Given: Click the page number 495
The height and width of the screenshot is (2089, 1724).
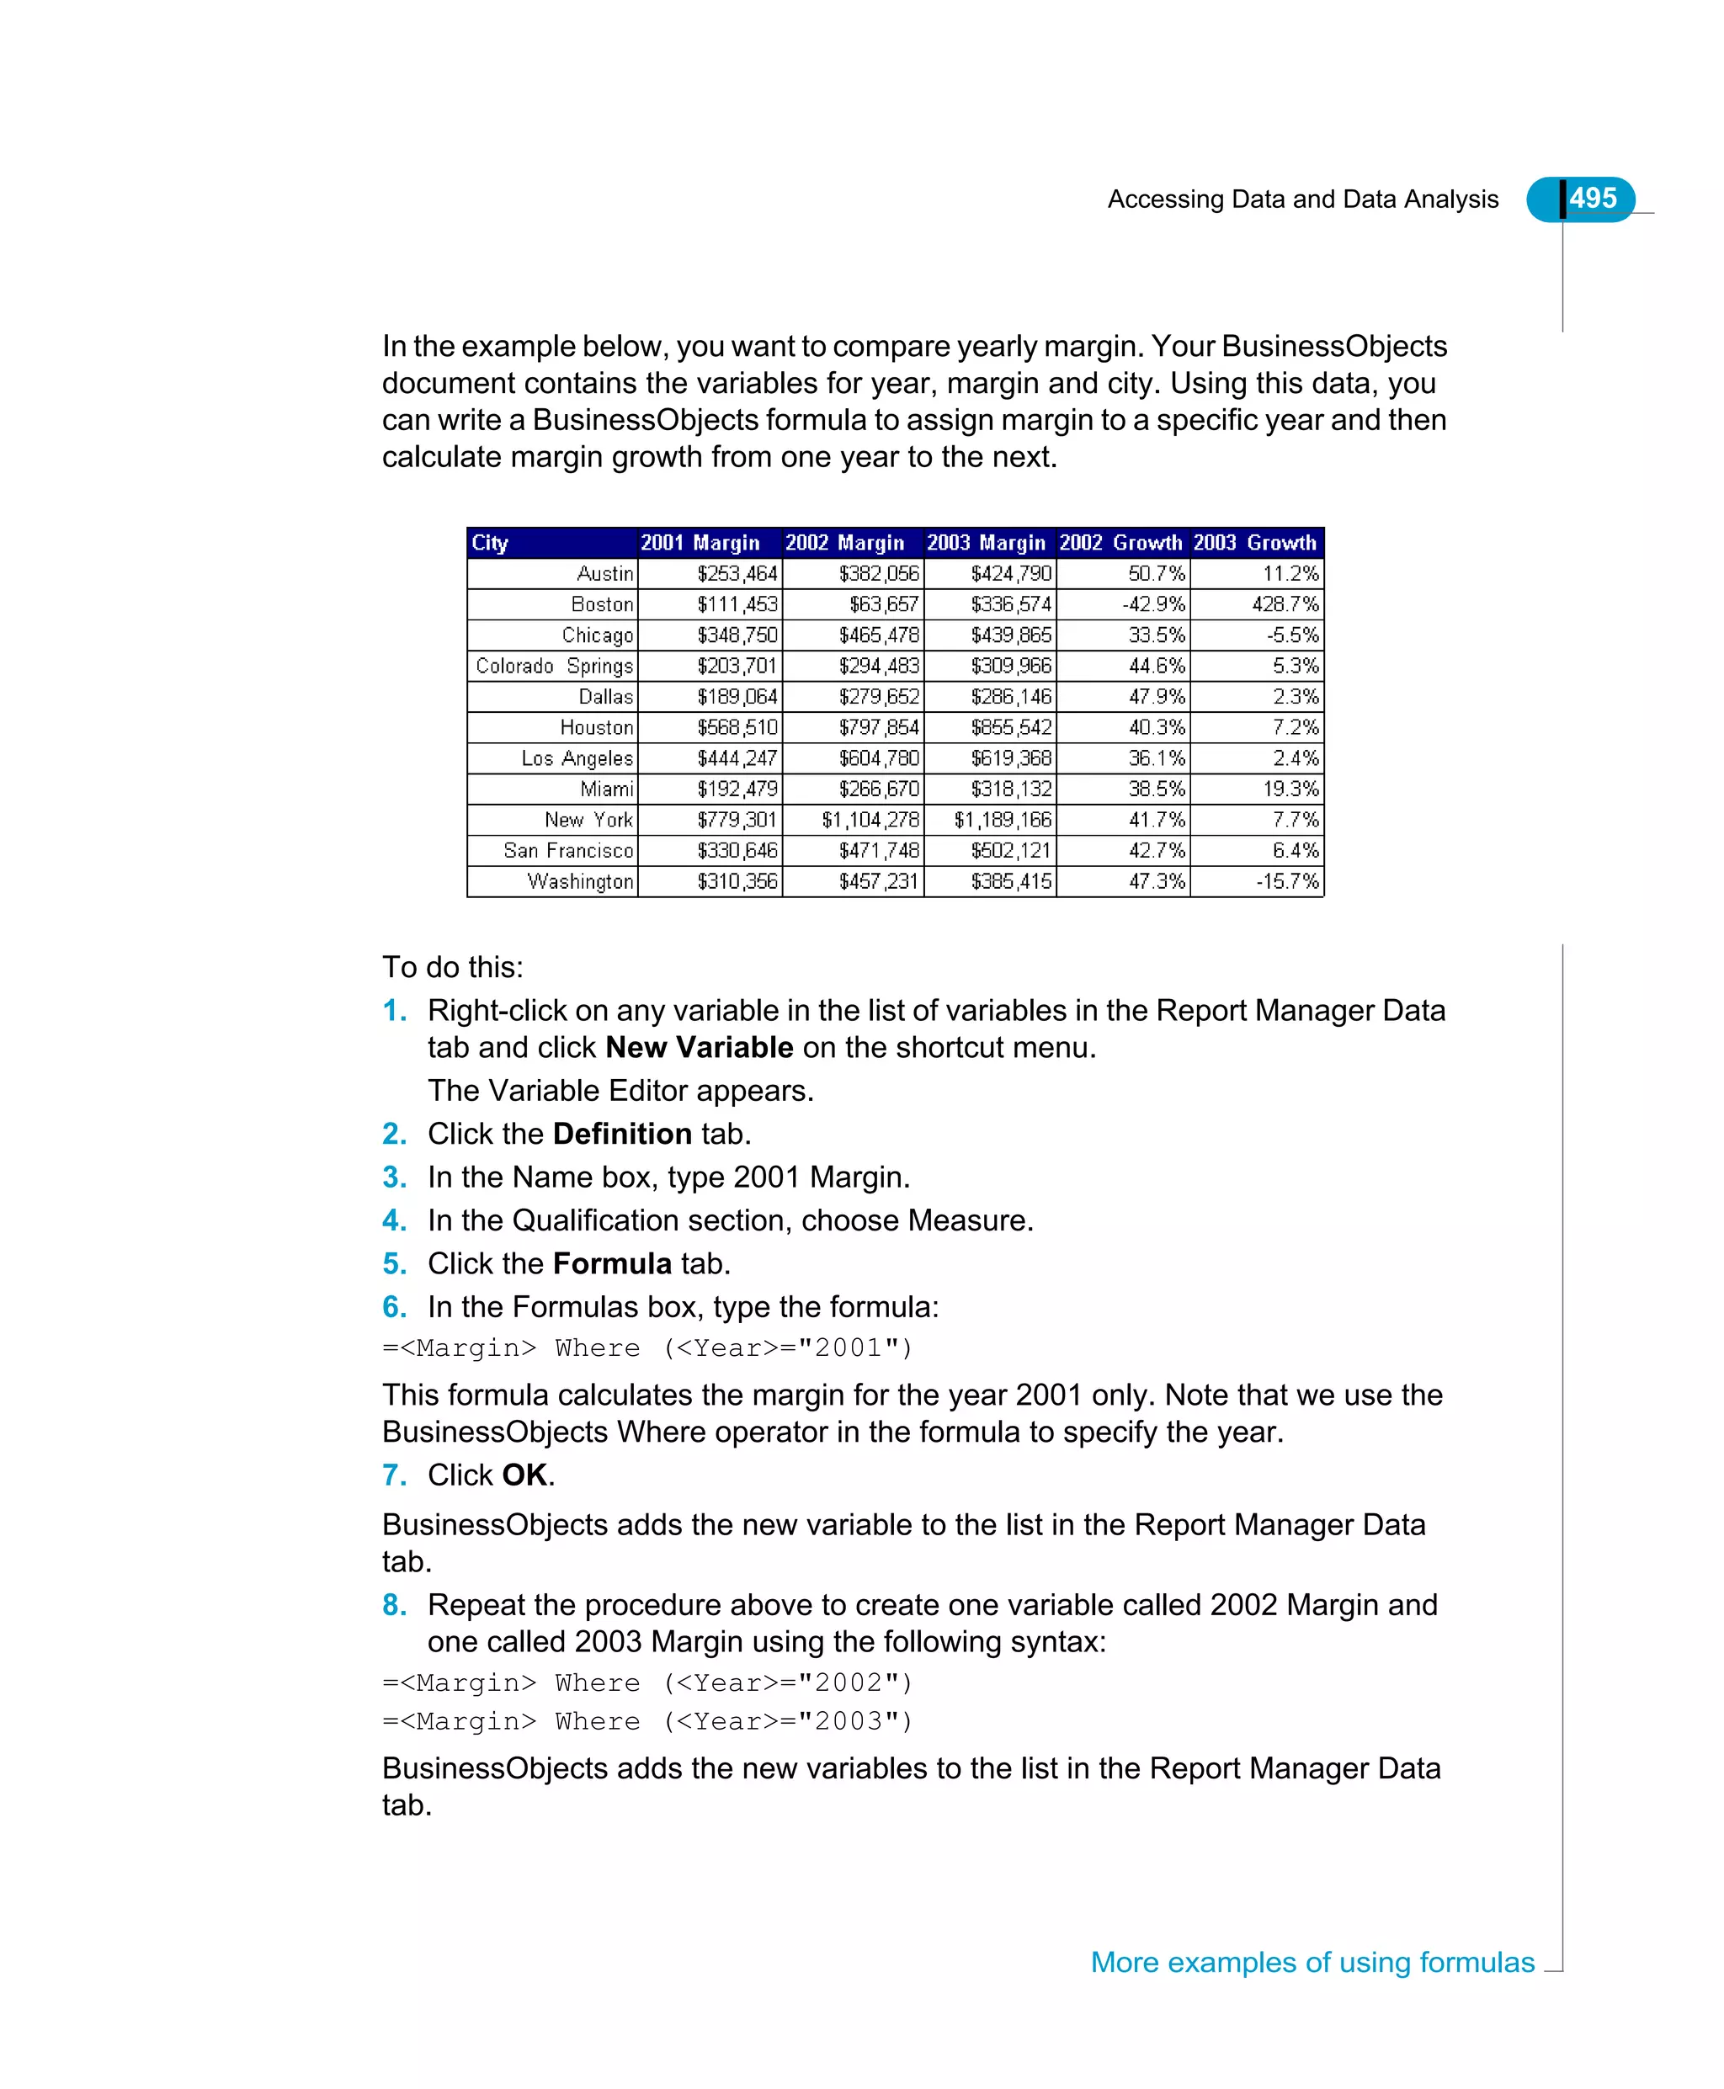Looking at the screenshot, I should coord(1592,199).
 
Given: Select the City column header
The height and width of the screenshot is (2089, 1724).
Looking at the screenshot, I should coord(490,543).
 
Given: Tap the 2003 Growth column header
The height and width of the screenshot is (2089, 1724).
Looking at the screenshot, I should coord(1254,543).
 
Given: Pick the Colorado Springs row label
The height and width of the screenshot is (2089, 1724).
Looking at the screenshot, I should coord(554,667).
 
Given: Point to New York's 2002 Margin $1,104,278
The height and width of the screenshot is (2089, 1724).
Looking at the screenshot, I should coord(869,820).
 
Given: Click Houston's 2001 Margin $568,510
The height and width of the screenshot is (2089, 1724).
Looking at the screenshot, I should coord(736,728).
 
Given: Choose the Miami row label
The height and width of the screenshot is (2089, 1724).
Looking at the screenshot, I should coord(607,789).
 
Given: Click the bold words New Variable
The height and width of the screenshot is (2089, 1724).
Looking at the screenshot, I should coord(700,1048).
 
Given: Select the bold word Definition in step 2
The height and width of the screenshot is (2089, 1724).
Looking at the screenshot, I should coord(622,1134).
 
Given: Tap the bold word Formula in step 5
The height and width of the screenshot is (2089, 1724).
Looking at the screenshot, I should coord(612,1264).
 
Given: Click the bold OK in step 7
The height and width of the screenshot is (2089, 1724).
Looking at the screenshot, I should coord(524,1475).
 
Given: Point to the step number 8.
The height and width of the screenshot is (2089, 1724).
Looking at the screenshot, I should coord(394,1606).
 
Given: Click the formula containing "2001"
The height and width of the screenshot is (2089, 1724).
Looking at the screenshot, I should coord(646,1348).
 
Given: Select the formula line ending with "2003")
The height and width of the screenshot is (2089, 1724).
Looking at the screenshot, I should coord(646,1722).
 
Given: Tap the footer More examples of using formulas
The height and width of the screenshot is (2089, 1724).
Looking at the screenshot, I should coord(1312,1963).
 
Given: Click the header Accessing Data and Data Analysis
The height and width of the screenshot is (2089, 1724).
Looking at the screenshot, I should coord(1302,199).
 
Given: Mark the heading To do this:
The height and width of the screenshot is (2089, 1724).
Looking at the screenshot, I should coord(453,967).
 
